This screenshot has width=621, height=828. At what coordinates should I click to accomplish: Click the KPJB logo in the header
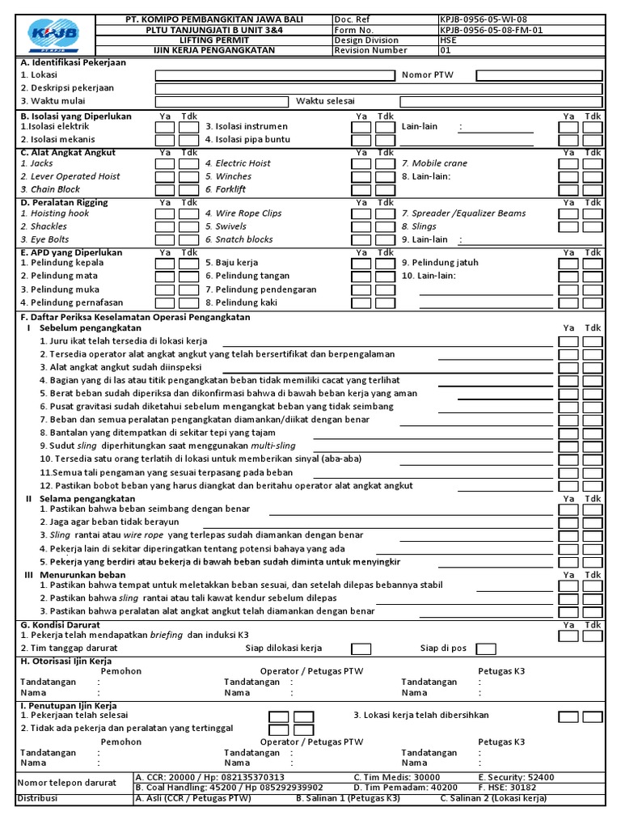[53, 34]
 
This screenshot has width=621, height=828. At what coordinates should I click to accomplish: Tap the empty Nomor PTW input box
[539, 75]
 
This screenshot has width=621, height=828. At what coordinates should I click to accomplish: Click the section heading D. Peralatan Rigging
[65, 202]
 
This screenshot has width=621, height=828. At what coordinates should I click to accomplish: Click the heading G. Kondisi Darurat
[60, 625]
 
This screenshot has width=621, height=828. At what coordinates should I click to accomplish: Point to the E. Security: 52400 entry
[516, 777]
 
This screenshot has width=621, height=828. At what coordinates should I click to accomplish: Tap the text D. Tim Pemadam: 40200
[405, 788]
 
